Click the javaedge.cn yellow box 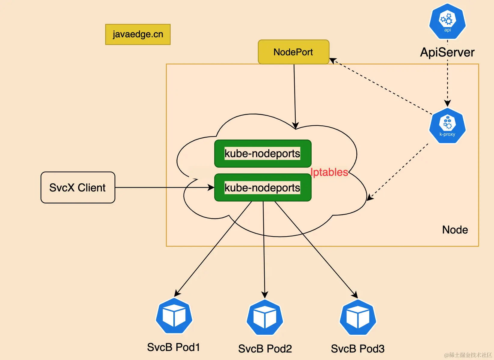click(138, 35)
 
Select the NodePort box click(294, 52)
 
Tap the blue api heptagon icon click(447, 21)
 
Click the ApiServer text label click(447, 53)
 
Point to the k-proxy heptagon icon click(447, 126)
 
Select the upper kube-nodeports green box click(263, 154)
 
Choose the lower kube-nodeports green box click(263, 188)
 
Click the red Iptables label click(329, 172)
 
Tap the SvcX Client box click(78, 188)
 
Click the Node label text click(455, 230)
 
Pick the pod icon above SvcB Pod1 click(174, 316)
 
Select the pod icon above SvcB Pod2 click(265, 317)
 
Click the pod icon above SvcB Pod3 click(358, 317)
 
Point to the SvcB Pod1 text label click(173, 347)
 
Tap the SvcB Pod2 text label click(265, 349)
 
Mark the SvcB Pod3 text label click(358, 349)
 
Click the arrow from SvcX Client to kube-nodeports click(165, 188)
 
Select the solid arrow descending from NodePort click(295, 97)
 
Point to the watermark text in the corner click(468, 355)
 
